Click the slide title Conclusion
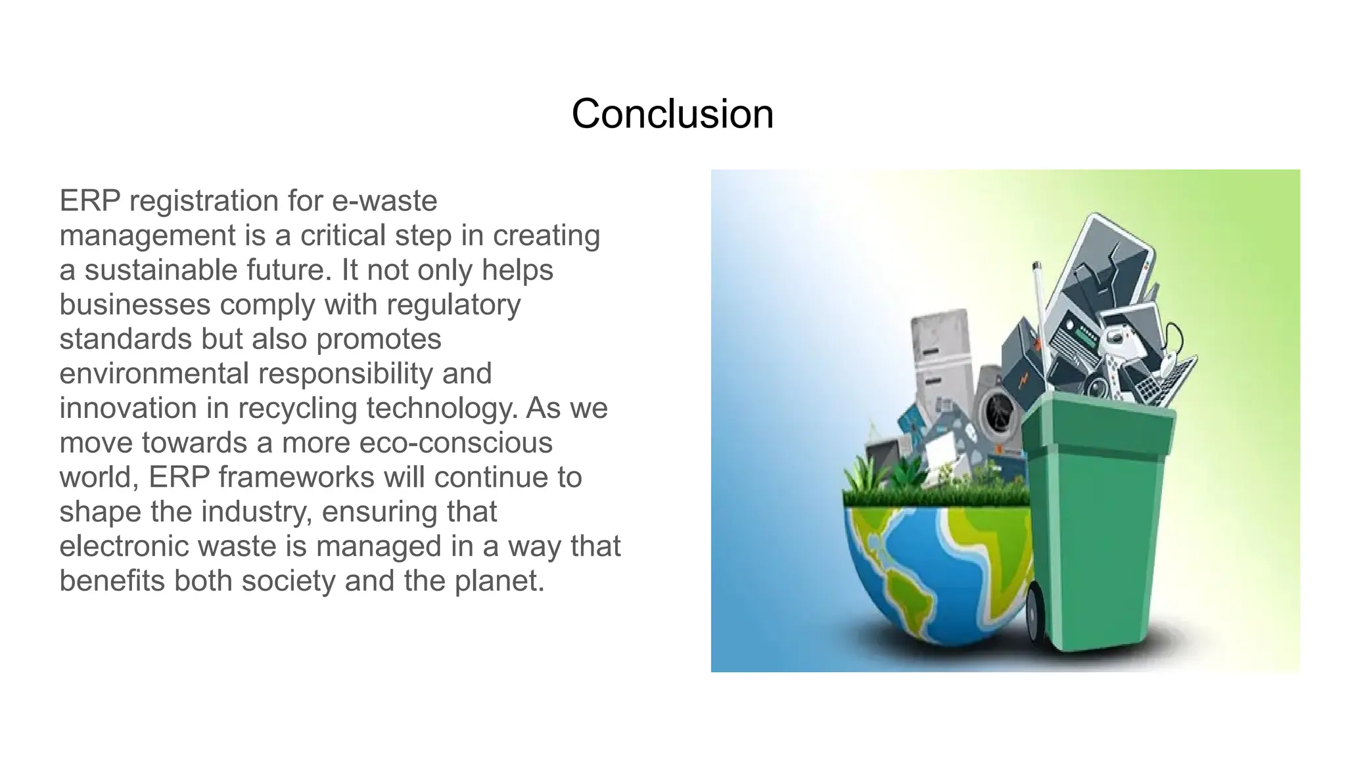[x=672, y=114]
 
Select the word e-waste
[x=384, y=201]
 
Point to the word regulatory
[x=453, y=305]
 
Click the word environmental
[x=154, y=374]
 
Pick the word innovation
[x=128, y=408]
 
